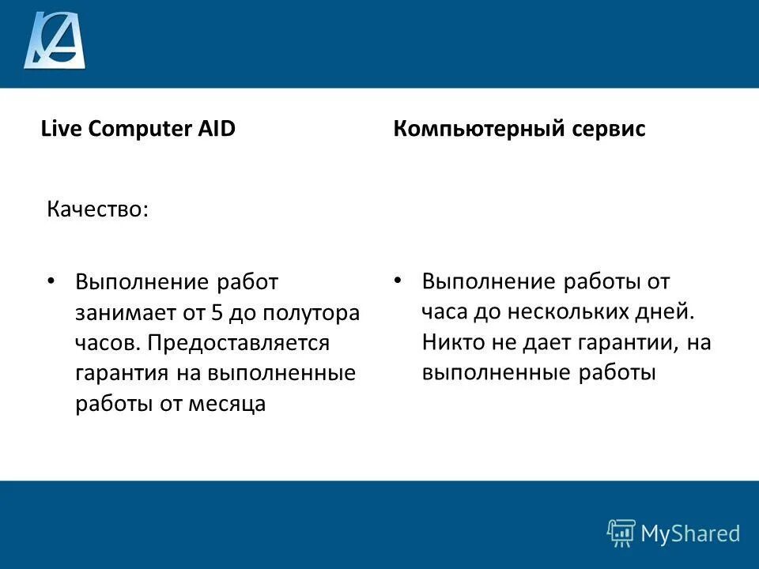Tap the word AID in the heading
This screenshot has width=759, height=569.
pos(216,129)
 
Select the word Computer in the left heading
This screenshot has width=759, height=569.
pos(139,129)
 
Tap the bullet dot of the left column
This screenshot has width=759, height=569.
pos(51,281)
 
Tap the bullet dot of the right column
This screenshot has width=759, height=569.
pos(398,281)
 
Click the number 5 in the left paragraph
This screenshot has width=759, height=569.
pos(216,312)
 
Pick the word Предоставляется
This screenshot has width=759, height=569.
pos(236,343)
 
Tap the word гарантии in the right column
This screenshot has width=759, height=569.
pos(617,342)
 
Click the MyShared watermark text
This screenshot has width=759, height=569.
pos(690,534)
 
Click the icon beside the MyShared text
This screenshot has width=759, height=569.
pos(621,533)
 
